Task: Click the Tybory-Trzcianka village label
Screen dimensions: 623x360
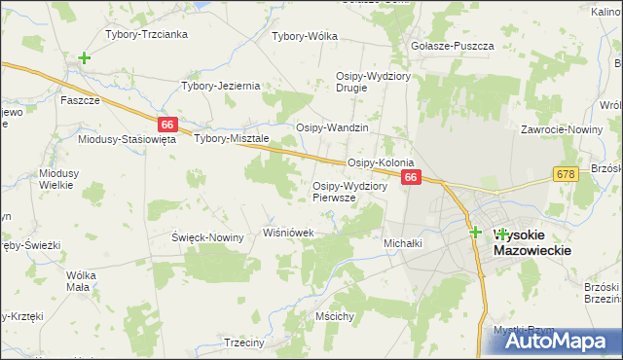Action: (146, 34)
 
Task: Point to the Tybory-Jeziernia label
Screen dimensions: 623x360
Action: (221, 86)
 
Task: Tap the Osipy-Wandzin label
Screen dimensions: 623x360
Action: (332, 127)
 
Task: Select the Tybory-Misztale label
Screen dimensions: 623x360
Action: (232, 138)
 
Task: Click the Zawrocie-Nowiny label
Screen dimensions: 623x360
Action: (560, 128)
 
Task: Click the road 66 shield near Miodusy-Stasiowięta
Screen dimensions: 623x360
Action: (168, 125)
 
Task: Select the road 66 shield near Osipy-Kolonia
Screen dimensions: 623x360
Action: (412, 178)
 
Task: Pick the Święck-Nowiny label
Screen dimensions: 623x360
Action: (207, 237)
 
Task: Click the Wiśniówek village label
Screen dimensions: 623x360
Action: (289, 233)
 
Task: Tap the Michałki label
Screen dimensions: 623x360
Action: (403, 243)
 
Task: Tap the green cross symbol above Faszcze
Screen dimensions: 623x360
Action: (85, 58)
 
